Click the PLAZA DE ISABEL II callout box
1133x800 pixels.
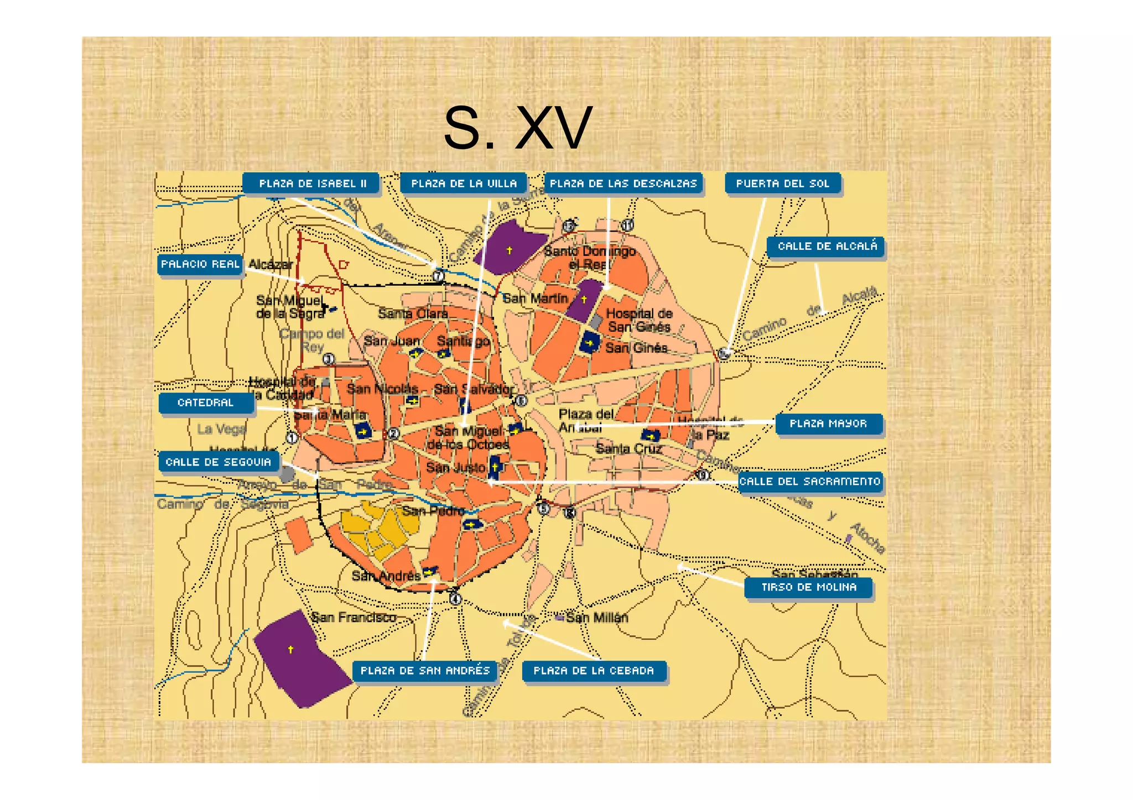[312, 184]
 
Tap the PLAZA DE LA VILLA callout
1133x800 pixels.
[464, 184]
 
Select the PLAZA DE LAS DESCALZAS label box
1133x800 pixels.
[623, 184]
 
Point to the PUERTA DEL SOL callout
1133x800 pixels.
[782, 184]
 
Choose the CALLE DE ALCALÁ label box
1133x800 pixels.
[827, 247]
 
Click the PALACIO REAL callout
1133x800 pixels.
[200, 264]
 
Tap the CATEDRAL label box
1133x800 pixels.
[206, 403]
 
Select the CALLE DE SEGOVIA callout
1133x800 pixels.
[219, 462]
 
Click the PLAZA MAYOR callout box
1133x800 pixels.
[828, 424]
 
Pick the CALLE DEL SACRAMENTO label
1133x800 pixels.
[810, 482]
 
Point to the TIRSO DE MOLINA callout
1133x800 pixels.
[808, 588]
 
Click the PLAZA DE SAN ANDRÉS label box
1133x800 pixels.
[425, 671]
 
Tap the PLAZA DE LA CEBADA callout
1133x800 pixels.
[594, 671]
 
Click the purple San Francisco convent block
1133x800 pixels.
[299, 658]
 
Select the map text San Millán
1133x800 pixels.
[596, 618]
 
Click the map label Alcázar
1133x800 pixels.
[270, 264]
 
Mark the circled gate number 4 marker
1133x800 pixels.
[455, 598]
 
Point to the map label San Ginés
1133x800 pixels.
[636, 348]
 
